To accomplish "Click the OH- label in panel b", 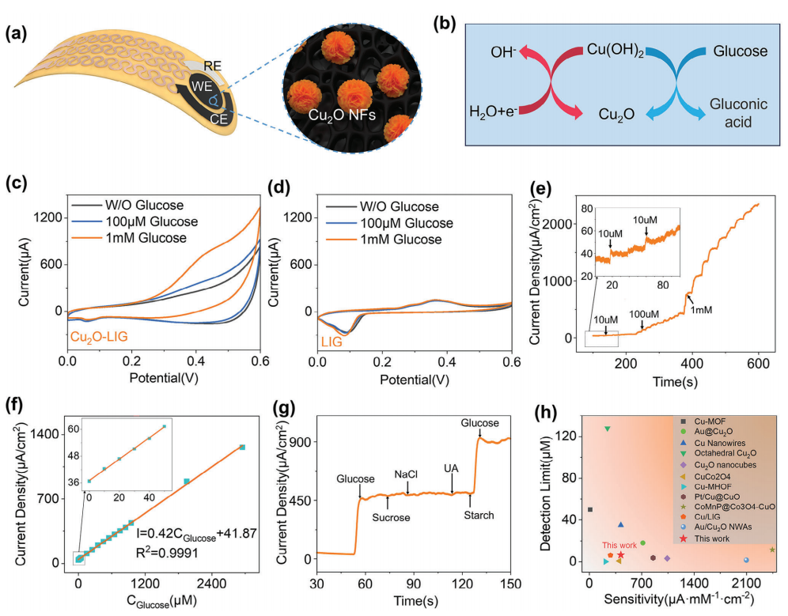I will [502, 52].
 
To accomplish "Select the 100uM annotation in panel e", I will [642, 314].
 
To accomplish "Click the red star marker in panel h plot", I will [621, 555].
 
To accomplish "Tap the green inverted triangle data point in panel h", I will [608, 429].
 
